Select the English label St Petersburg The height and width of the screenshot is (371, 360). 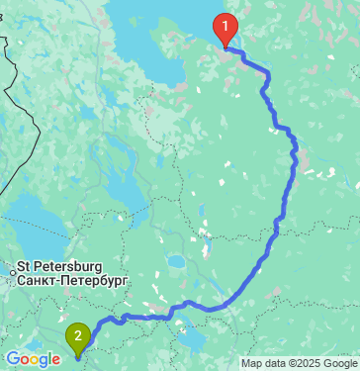60,267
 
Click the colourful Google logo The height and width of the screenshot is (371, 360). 32,359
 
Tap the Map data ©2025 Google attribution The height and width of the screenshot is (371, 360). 298,363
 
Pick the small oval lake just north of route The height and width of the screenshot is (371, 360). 176,264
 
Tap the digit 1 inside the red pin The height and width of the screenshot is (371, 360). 226,24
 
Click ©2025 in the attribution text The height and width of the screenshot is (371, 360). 302,363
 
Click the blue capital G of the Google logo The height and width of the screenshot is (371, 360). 12,359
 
